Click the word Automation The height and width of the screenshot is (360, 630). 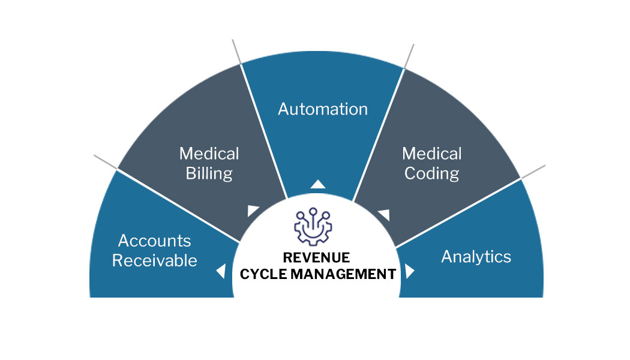pos(323,109)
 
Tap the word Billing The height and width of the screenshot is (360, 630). pos(209,174)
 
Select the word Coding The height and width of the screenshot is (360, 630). pos(431,174)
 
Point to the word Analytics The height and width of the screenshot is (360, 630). pos(476,257)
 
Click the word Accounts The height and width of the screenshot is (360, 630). pos(154,241)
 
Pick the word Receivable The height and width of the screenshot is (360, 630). pos(154,261)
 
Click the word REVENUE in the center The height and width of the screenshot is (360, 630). pos(316,257)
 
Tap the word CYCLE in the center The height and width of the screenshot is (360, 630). pos(263,274)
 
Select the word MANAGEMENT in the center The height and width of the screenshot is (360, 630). pos(343,274)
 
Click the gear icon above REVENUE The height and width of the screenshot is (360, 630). pos(313,227)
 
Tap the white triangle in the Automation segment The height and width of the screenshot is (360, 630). pos(318,184)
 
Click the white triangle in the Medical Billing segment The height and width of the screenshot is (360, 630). pos(253,210)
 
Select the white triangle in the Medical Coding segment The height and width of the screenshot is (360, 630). pos(385,215)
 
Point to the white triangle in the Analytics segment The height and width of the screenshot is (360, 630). pos(409,271)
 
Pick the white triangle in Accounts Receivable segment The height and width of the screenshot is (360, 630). pos(221,271)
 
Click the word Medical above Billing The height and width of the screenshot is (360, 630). pos(209,154)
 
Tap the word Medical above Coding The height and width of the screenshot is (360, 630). pos(432,154)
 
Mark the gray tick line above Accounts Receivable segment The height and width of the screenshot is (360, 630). pos(105,162)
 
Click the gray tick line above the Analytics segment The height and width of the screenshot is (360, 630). pos(533,172)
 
